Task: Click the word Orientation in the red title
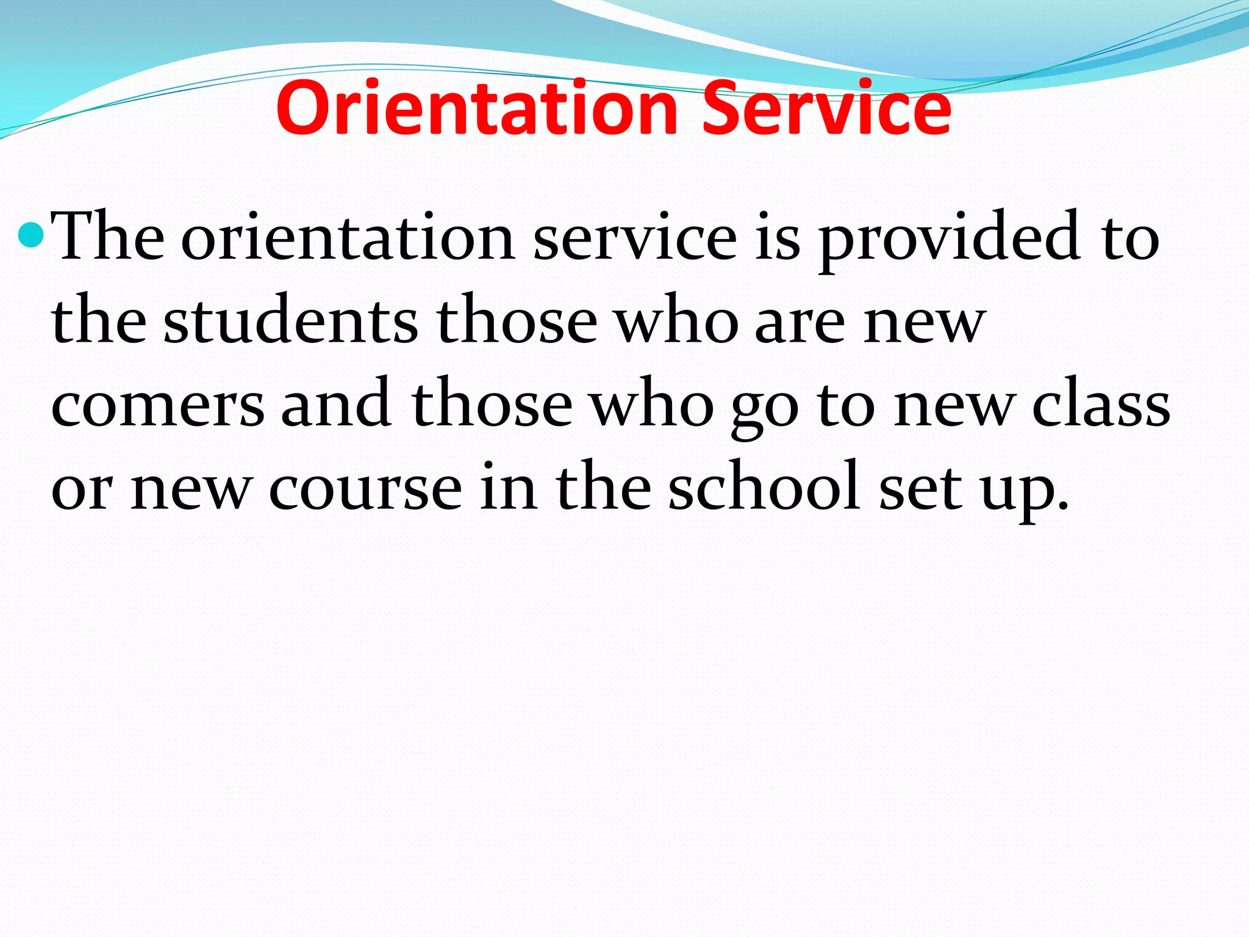pyautogui.click(x=476, y=109)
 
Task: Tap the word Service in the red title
pyautogui.click(x=826, y=109)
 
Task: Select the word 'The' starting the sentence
pyautogui.click(x=108, y=237)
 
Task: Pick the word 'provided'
pyautogui.click(x=949, y=239)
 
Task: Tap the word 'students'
pyautogui.click(x=291, y=321)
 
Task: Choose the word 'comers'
pyautogui.click(x=158, y=406)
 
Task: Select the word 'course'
pyautogui.click(x=365, y=489)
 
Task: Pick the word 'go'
pyautogui.click(x=765, y=409)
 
